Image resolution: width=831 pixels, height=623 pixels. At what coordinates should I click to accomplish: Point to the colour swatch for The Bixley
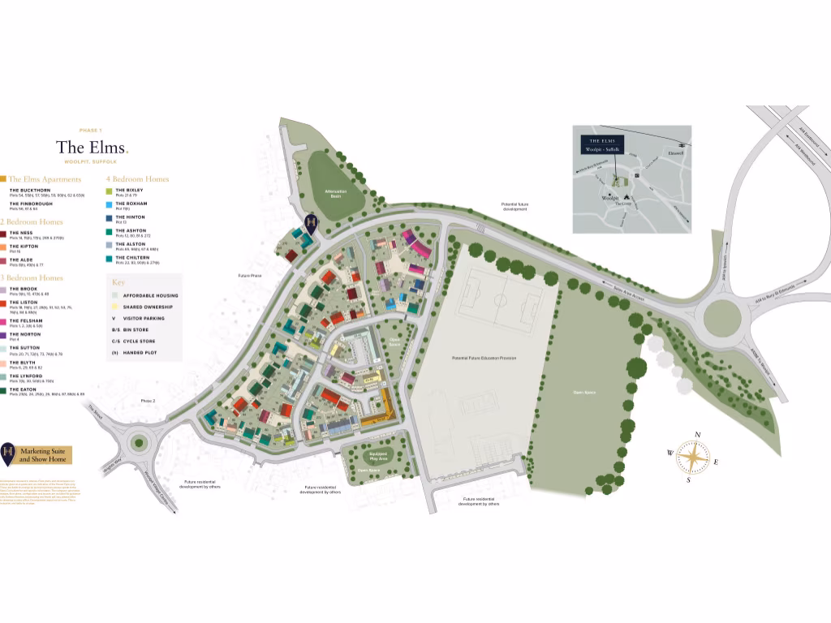110,189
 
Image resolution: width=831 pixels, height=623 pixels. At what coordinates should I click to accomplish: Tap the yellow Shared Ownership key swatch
116,307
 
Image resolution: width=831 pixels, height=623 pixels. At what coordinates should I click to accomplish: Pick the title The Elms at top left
91,148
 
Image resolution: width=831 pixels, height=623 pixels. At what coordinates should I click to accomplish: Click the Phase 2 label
148,401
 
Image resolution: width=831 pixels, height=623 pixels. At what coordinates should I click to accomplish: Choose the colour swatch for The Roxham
110,204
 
